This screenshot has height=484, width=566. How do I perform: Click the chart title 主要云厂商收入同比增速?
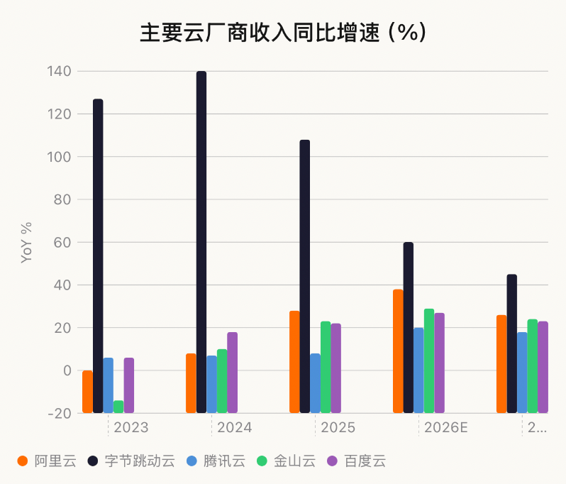[282, 33]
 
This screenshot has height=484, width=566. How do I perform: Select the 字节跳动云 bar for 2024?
[201, 241]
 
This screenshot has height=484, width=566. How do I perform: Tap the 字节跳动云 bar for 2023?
[98, 255]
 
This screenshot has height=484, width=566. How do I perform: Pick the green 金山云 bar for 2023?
[118, 406]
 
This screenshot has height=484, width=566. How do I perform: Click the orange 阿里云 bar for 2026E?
[398, 351]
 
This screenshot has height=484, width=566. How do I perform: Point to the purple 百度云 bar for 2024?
[233, 372]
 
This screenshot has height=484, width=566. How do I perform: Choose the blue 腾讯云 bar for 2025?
[315, 383]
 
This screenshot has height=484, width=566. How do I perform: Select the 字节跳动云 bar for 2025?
[305, 276]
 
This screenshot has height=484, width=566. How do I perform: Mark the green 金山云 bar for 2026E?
[429, 361]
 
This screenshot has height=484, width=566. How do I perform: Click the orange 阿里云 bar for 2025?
[294, 361]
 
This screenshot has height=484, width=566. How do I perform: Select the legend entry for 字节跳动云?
[131, 461]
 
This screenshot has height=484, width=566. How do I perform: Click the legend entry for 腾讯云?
[216, 461]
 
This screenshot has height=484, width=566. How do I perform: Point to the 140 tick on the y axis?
[60, 72]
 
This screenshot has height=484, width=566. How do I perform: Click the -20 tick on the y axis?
[58, 413]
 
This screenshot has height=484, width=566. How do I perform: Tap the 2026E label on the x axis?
[446, 428]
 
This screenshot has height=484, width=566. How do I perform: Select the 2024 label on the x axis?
[235, 428]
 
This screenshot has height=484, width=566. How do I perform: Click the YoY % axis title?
[27, 243]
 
